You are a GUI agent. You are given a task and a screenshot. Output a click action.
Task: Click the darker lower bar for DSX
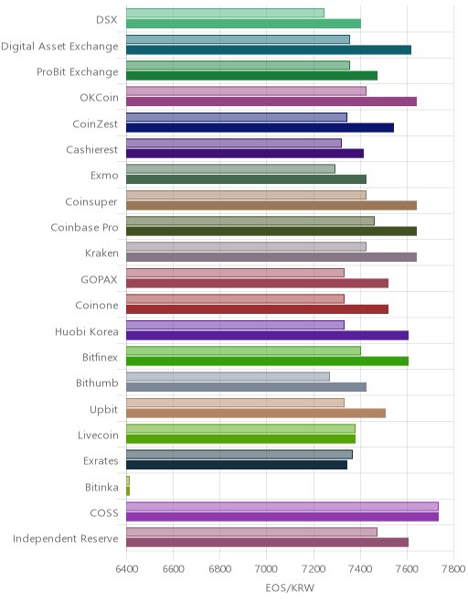244,24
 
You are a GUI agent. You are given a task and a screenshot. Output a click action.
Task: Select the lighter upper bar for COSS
282,507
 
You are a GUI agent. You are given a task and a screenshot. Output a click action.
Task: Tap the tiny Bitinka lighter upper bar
128,480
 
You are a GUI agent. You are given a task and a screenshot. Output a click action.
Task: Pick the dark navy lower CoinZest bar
260,127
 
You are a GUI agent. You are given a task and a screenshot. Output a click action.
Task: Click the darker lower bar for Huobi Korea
267,335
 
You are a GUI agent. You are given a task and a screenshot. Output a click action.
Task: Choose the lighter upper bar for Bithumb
228,377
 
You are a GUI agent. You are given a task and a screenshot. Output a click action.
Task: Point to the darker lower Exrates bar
237,465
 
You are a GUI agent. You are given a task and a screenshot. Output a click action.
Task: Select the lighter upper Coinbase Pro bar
250,221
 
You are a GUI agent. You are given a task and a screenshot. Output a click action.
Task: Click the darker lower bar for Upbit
256,414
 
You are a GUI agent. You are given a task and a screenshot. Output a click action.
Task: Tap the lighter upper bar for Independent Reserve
251,533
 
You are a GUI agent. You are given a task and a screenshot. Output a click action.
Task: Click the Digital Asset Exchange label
59,47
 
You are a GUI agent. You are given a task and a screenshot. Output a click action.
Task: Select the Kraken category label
101,253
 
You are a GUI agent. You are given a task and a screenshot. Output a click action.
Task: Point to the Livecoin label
98,435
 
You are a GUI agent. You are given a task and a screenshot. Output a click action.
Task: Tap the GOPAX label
99,279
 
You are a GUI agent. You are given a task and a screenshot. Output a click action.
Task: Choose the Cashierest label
92,149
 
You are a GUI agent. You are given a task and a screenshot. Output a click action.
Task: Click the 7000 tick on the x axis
267,569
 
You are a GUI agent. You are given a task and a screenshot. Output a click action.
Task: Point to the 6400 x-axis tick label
127,569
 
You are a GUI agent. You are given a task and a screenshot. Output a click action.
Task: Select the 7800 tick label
453,569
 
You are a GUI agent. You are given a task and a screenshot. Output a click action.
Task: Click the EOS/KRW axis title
290,588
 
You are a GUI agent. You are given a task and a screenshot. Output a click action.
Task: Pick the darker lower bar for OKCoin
271,102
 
